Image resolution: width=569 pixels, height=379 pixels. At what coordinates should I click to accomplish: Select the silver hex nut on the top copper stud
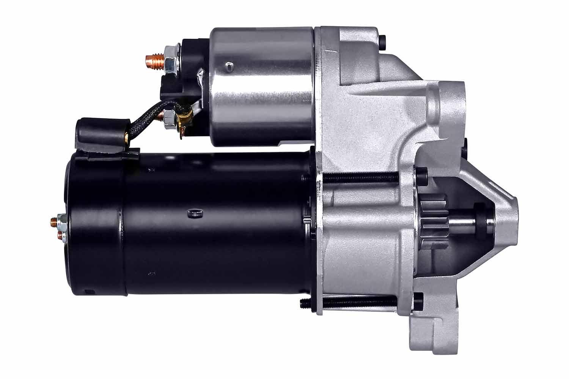[x=169, y=60]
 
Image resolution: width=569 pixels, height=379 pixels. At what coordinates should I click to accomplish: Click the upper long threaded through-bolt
[x=360, y=177]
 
